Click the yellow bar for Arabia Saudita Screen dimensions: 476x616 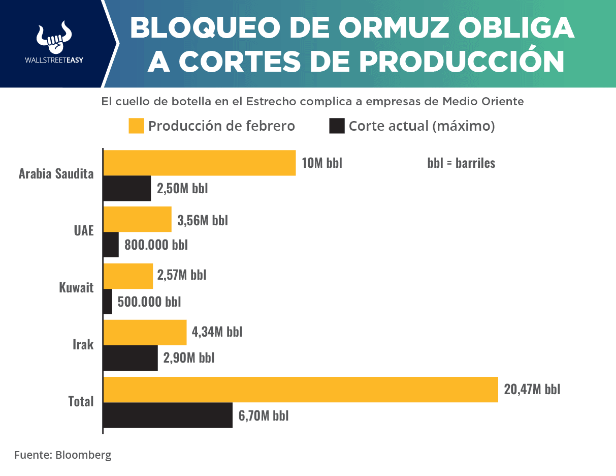200,163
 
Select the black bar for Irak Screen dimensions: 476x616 131,358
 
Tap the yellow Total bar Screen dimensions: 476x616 301,390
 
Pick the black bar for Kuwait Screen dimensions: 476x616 108,302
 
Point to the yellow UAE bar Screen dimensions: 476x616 138,219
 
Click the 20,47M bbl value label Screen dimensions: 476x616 532,390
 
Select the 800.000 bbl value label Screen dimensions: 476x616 156,245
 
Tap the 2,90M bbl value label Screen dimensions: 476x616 188,358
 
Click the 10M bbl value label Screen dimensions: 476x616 321,163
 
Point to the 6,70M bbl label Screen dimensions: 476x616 264,415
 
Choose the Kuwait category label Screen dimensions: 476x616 76,288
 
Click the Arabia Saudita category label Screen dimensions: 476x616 56,174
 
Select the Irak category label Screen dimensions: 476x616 83,345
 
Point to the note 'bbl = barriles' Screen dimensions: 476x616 461,163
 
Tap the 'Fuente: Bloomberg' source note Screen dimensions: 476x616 62,455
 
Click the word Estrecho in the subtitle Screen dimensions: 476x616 272,101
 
